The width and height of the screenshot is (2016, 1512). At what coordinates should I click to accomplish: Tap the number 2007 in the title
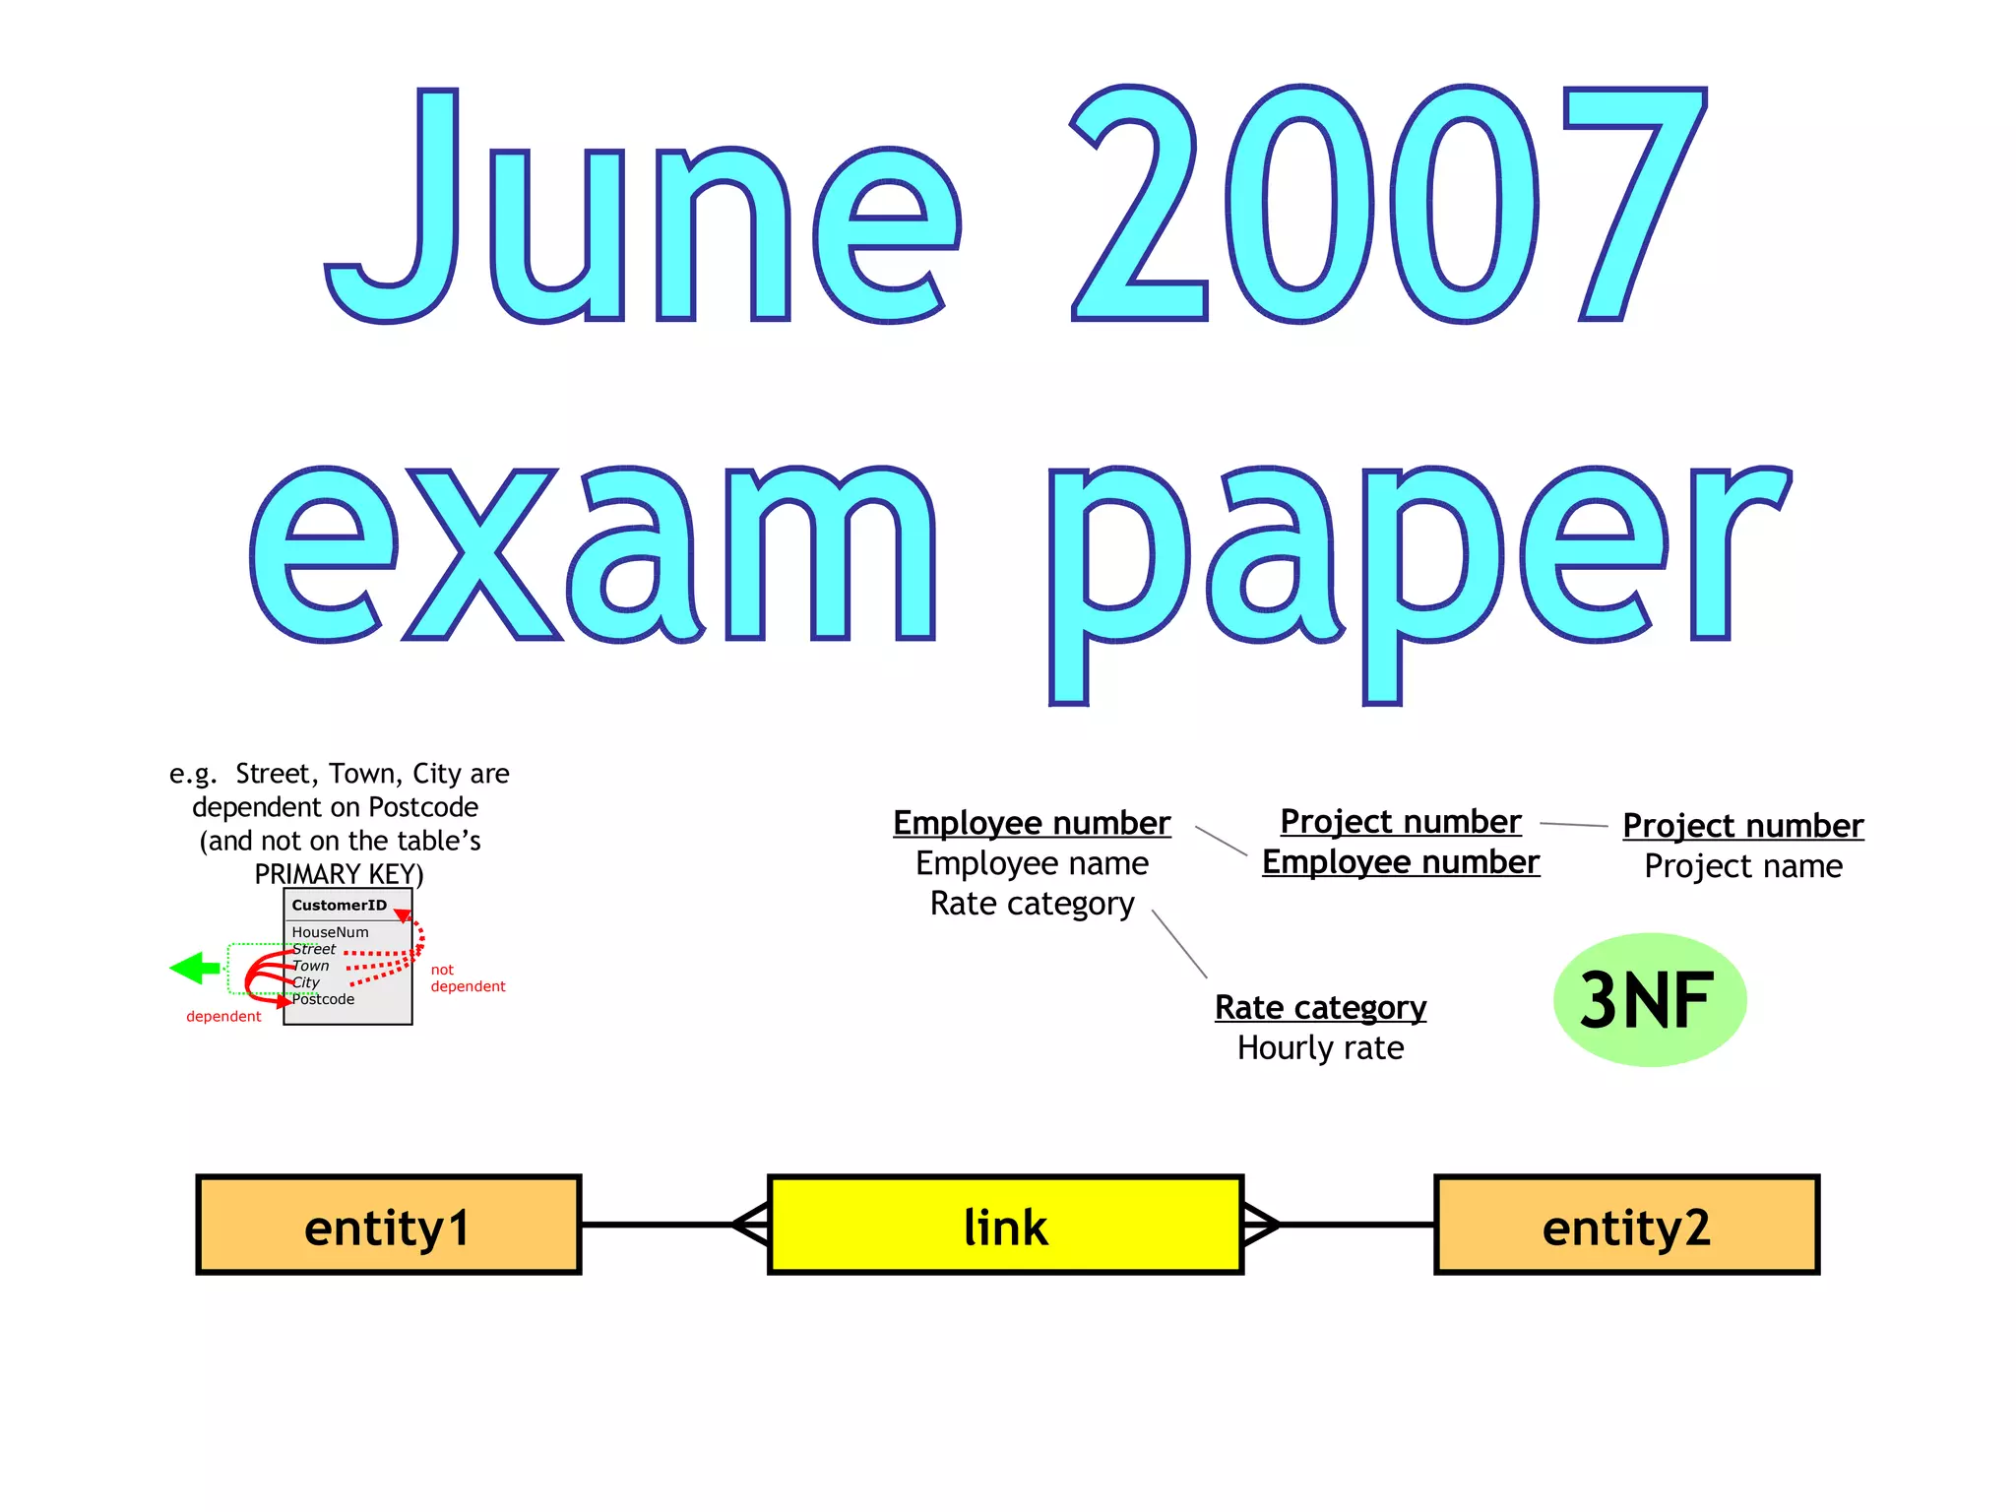[1388, 207]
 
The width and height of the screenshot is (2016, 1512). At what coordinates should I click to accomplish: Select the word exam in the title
[591, 556]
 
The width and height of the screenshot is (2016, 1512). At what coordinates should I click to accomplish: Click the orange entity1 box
[388, 1226]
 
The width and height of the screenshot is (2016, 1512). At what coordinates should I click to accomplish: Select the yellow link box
[1005, 1226]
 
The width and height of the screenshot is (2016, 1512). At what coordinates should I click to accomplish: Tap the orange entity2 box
[1626, 1226]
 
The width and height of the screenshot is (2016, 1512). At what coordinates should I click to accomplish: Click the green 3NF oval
[1649, 1000]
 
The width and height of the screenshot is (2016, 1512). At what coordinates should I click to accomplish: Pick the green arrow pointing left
[194, 969]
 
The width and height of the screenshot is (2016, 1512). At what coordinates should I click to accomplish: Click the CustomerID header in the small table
[339, 906]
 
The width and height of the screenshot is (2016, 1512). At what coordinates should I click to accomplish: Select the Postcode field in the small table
[323, 999]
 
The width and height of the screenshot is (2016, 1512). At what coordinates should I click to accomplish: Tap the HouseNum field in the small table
[330, 932]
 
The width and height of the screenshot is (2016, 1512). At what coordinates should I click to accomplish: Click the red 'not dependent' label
[467, 978]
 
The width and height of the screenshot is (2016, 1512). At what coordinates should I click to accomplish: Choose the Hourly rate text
[1320, 1048]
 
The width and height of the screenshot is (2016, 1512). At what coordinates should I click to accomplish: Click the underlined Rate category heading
[1320, 1008]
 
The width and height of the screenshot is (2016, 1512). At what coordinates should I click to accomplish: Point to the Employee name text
[1032, 863]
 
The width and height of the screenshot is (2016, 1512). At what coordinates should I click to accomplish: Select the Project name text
[1742, 866]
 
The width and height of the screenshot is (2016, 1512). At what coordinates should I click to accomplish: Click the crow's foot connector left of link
[751, 1226]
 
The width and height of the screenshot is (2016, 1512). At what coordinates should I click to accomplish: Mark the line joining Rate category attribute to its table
[1178, 943]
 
